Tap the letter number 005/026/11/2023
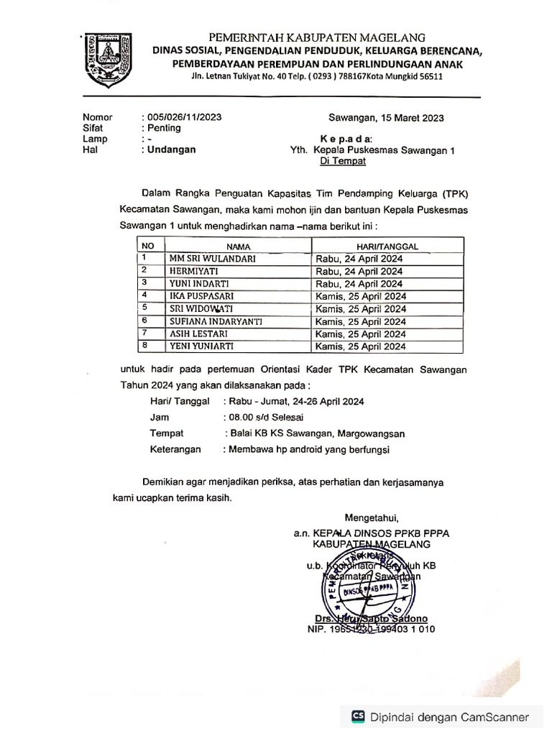pyautogui.click(x=182, y=117)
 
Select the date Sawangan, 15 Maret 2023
pyautogui.click(x=386, y=118)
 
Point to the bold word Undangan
pyautogui.click(x=171, y=150)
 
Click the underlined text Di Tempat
pyautogui.click(x=343, y=162)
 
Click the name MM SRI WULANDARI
pyautogui.click(x=212, y=258)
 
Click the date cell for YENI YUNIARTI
pyautogui.click(x=360, y=346)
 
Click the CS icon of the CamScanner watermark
pyautogui.click(x=357, y=717)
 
